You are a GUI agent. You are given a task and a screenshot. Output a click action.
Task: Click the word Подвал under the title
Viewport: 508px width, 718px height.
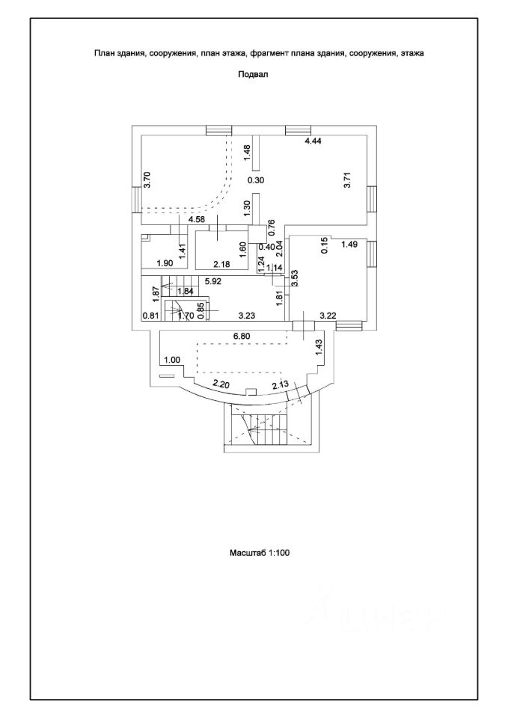pos(252,75)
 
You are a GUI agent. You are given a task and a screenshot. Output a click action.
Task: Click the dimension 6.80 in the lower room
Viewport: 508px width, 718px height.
pos(242,337)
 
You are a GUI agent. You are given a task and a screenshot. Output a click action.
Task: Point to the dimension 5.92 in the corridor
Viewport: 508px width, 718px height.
pos(214,282)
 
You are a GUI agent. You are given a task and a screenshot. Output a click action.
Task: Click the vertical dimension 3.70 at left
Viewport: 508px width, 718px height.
pos(147,180)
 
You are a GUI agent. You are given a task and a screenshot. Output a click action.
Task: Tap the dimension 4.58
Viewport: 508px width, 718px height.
pos(197,220)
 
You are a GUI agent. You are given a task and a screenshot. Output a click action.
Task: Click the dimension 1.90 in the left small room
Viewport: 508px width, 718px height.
pos(165,263)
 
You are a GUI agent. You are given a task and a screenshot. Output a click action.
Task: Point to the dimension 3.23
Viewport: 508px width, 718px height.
pos(248,316)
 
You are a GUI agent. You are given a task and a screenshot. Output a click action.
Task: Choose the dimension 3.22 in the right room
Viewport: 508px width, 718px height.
pos(328,316)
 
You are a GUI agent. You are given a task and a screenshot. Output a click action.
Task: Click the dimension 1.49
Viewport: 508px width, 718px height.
pos(350,244)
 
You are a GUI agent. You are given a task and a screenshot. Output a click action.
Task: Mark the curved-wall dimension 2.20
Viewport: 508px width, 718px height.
pos(221,384)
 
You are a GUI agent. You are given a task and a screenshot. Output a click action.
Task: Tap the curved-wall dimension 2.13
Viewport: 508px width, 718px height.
pos(281,384)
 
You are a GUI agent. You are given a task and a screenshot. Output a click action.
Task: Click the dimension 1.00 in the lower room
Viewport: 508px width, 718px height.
pos(173,360)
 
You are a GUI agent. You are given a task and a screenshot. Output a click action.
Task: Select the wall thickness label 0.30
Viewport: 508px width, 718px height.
pos(256,179)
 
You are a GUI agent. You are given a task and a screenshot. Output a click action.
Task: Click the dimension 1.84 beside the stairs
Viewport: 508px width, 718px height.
pos(186,291)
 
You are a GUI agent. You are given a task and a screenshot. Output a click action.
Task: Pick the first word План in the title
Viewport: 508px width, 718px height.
pos(102,54)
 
